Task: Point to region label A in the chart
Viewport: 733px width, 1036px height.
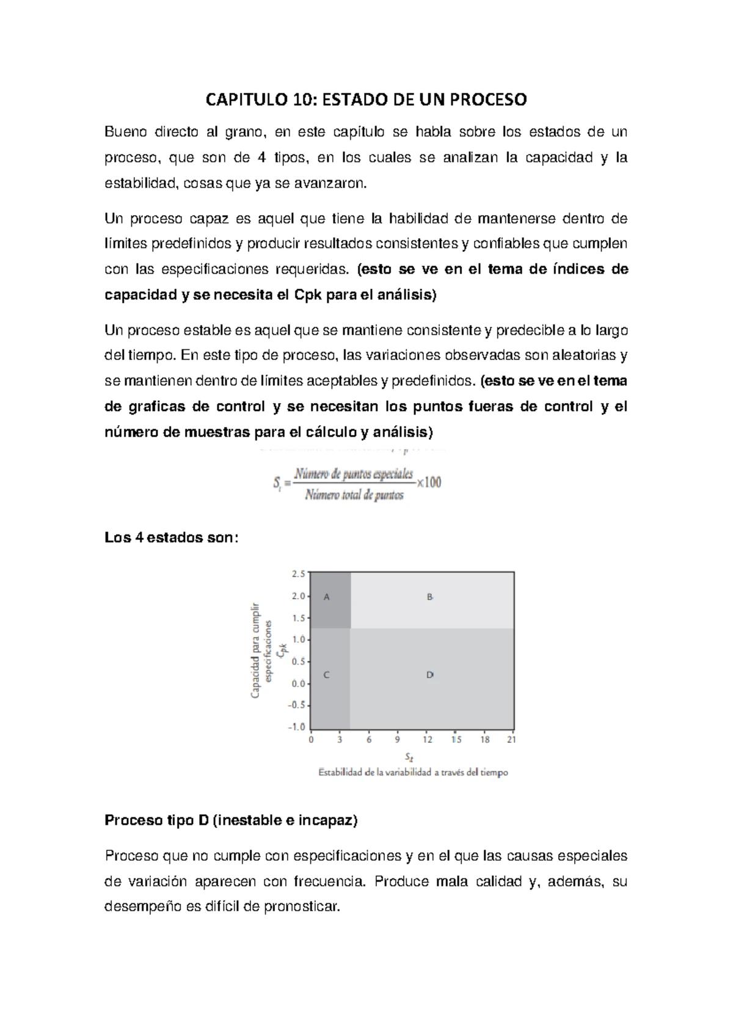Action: click(327, 597)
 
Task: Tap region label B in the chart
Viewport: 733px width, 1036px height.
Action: click(430, 597)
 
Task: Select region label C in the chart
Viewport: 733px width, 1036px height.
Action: click(327, 675)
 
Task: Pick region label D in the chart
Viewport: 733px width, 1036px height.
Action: click(430, 675)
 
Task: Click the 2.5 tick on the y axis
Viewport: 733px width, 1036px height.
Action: click(298, 574)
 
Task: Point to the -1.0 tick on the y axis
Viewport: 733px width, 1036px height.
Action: click(296, 727)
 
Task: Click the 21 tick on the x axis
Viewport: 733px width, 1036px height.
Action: click(512, 740)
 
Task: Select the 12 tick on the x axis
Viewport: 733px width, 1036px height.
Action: click(428, 740)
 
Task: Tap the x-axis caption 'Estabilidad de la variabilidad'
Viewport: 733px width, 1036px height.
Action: click(413, 772)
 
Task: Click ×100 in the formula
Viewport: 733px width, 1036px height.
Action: click(429, 482)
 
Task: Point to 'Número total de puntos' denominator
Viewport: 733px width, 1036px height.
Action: click(354, 495)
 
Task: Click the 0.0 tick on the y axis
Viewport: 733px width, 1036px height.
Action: click(298, 684)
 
